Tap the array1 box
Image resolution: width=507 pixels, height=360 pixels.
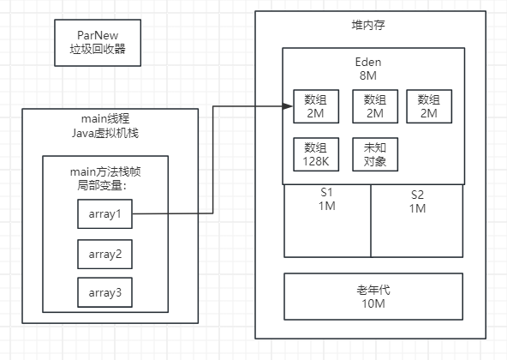point(105,213)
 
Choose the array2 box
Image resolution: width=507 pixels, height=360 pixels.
point(105,254)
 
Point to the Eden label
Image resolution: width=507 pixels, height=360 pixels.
point(373,62)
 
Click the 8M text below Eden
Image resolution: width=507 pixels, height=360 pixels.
point(373,75)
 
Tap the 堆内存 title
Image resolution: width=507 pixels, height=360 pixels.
point(373,23)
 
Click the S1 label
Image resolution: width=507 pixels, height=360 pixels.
point(326,194)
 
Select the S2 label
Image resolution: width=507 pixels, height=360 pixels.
point(417,194)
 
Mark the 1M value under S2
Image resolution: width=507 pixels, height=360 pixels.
point(417,208)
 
